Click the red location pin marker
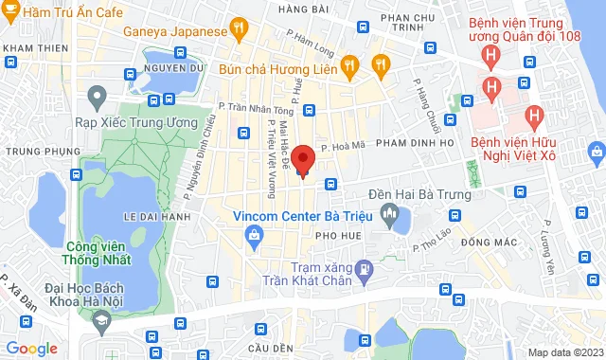[302, 160]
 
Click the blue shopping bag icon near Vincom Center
[254, 236]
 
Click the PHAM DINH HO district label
[417, 142]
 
